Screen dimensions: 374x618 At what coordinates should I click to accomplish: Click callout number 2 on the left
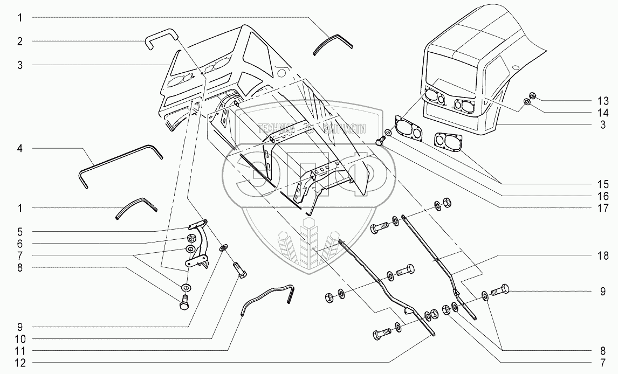point(19,41)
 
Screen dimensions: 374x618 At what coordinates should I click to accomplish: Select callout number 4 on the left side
point(19,148)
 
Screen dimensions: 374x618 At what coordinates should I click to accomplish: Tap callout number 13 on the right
point(602,101)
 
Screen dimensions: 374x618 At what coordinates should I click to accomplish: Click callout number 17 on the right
point(602,207)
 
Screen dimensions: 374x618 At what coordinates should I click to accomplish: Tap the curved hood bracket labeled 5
point(201,243)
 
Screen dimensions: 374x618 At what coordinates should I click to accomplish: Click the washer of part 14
point(527,102)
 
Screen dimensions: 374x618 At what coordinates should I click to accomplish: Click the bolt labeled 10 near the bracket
point(240,269)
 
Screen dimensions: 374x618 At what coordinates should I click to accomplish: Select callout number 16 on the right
point(602,196)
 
